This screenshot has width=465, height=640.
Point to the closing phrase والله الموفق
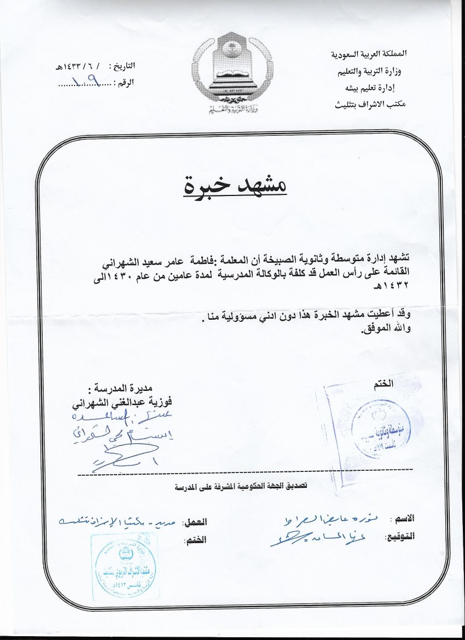click(x=386, y=328)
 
